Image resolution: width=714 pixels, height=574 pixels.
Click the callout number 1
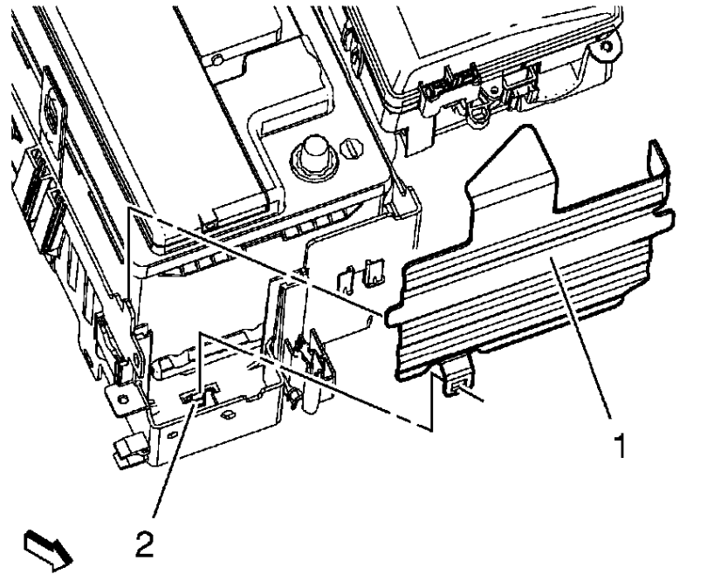621,446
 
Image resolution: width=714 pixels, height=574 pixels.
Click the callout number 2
145,544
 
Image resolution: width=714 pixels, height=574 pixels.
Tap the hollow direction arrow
48,550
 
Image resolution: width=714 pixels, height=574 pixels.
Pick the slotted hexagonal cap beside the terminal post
353,148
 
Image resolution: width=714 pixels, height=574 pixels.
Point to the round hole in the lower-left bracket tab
121,400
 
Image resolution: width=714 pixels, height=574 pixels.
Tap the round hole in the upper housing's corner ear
606,46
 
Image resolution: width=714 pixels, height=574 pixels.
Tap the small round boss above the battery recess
217,59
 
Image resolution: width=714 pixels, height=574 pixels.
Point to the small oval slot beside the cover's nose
369,321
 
